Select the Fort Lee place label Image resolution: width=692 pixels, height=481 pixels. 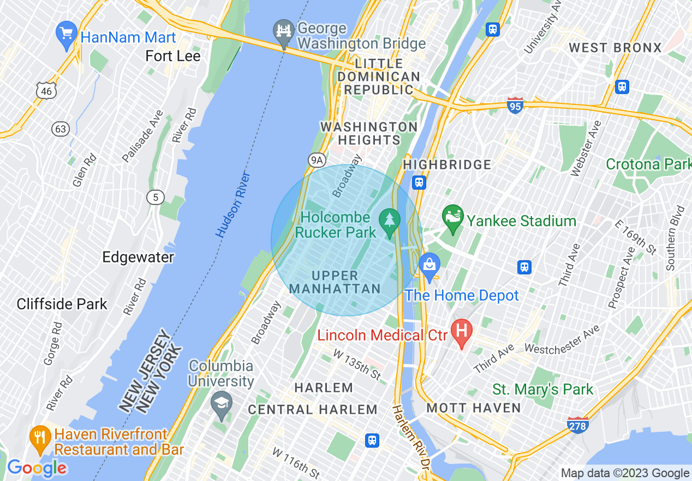coord(173,56)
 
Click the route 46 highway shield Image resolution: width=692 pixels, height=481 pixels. coord(46,91)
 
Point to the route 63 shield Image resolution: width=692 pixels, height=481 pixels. coord(61,129)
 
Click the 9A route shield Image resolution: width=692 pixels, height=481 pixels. coord(317,160)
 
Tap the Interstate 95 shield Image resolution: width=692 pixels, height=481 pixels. coord(515,105)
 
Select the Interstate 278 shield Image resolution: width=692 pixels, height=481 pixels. coord(578,425)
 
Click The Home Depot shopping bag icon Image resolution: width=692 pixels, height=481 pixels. coord(429,266)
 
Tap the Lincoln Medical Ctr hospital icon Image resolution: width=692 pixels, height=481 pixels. coord(462,332)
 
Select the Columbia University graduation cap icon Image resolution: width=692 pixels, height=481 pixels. coord(221,404)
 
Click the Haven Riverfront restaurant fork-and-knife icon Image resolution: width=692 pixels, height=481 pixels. coord(40,438)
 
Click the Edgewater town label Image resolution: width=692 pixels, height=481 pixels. coord(138,257)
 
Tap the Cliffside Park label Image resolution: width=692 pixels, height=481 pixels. coord(62,304)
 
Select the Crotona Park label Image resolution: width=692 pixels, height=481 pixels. coord(648,164)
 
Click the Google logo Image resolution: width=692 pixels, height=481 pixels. coord(37,468)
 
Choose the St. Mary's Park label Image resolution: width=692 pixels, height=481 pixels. coord(542,389)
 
